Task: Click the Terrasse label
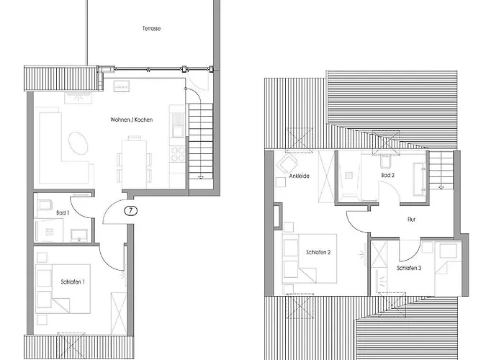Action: (151, 29)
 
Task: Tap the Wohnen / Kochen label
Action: (131, 119)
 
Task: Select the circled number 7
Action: (130, 211)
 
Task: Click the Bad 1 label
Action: (63, 212)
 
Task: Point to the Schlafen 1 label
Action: (73, 282)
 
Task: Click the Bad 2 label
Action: (387, 175)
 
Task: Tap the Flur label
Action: (411, 219)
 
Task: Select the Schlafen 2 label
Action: (318, 252)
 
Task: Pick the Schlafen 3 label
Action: (409, 268)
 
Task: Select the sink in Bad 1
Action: (79, 232)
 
